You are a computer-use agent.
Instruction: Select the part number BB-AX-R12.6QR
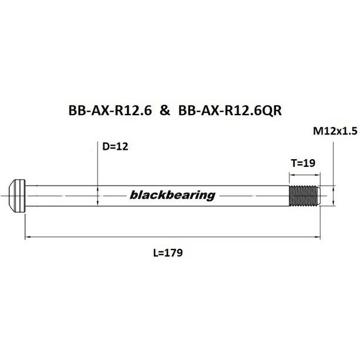pos(228,111)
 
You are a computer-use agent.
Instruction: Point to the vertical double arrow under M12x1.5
pos(333,196)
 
